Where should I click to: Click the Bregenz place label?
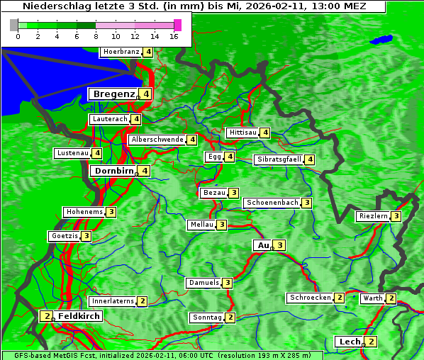[x=113, y=94]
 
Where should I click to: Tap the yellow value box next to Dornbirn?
[x=145, y=171]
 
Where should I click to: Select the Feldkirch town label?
[x=79, y=316]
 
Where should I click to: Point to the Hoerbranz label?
[x=121, y=52]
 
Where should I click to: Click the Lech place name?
[x=350, y=342]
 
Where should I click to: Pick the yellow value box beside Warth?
[x=391, y=298]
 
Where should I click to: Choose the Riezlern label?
[x=374, y=216]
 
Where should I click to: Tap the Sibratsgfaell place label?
[x=279, y=159]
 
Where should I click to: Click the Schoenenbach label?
[x=272, y=203]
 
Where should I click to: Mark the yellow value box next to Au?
[x=280, y=245]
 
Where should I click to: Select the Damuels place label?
[x=203, y=283]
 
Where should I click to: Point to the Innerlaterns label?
[x=113, y=301]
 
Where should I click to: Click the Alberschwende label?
[x=157, y=140]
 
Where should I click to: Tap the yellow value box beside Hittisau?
[x=265, y=133]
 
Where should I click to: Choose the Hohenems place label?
[x=84, y=212]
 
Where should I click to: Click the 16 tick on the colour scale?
[x=174, y=36]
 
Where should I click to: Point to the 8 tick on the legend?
[x=96, y=36]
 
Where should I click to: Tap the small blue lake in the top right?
[x=383, y=39]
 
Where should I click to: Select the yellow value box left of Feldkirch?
[x=47, y=316]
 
